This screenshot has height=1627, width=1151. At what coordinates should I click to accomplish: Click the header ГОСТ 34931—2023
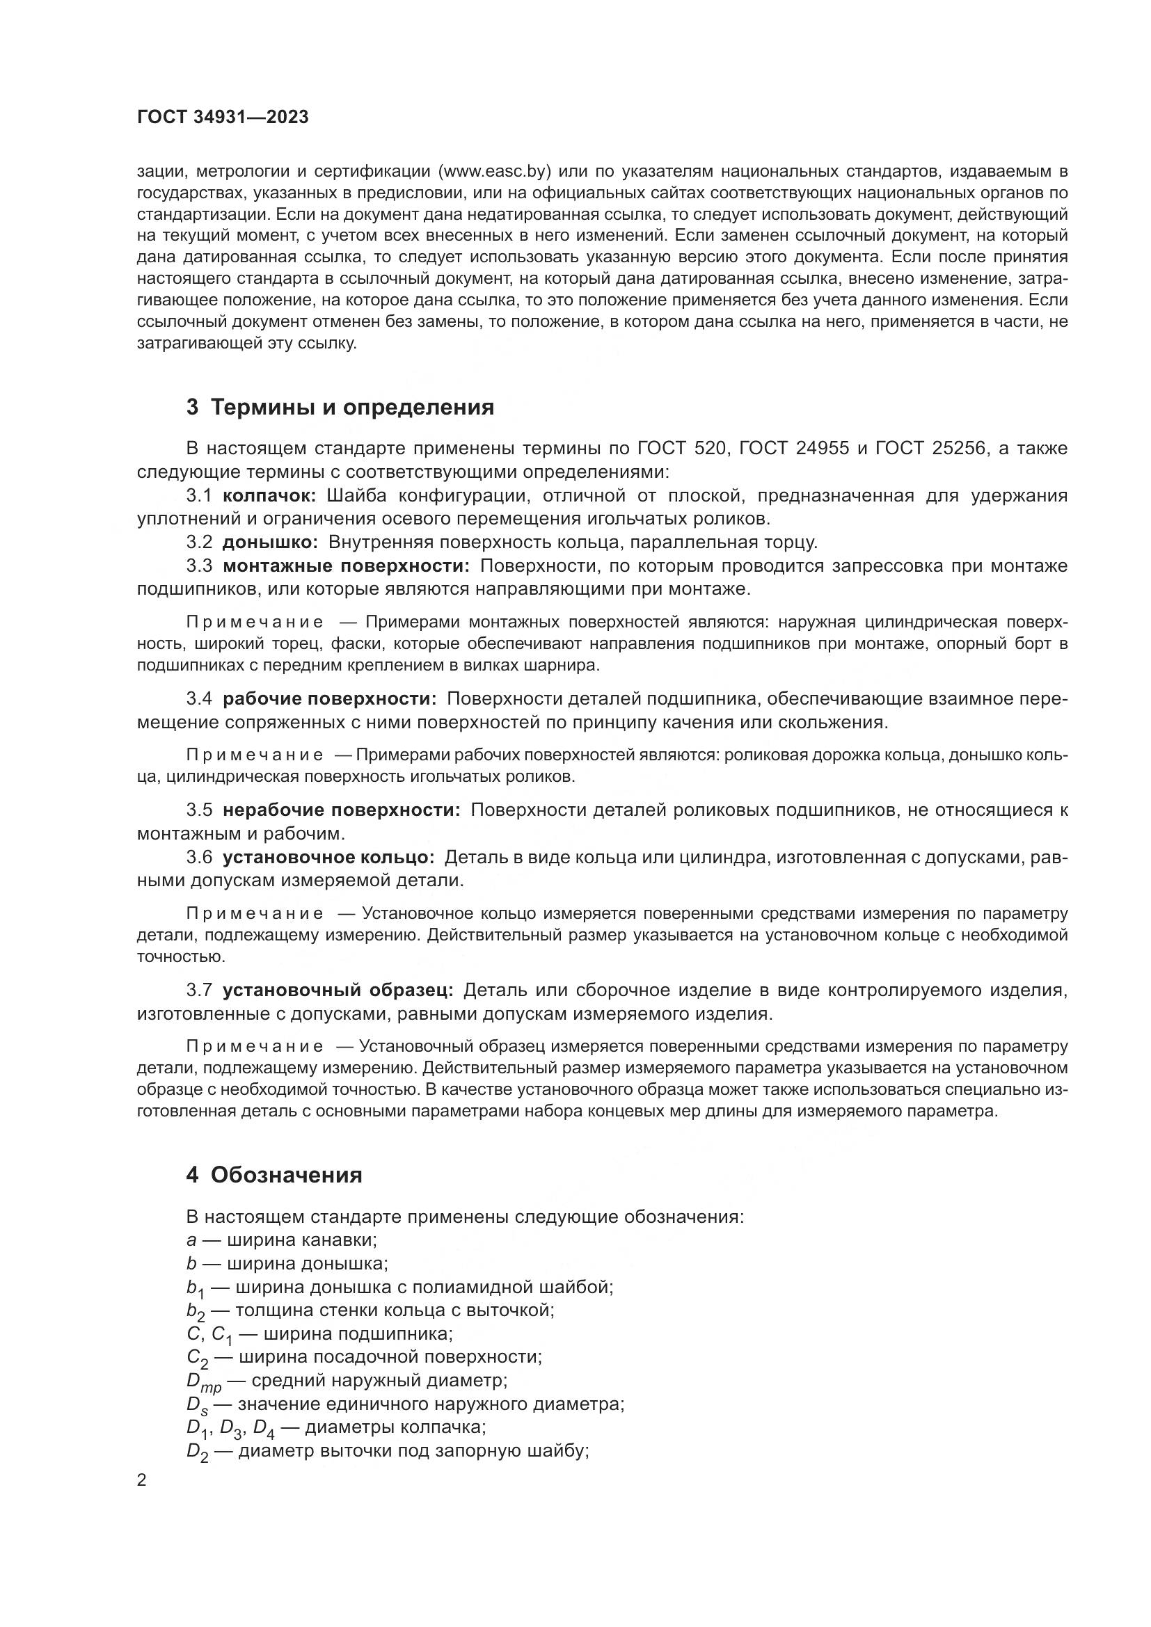pos(223,118)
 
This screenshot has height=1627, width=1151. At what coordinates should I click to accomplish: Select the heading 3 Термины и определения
pos(340,408)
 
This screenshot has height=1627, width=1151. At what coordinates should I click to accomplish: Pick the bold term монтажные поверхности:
pos(346,566)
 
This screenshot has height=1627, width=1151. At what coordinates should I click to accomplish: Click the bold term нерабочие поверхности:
pos(342,810)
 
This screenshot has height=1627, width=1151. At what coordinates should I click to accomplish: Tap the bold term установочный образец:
pos(338,990)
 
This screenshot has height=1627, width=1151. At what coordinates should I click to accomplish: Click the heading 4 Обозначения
pos(275,1175)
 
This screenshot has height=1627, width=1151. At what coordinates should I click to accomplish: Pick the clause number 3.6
pos(199,858)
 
